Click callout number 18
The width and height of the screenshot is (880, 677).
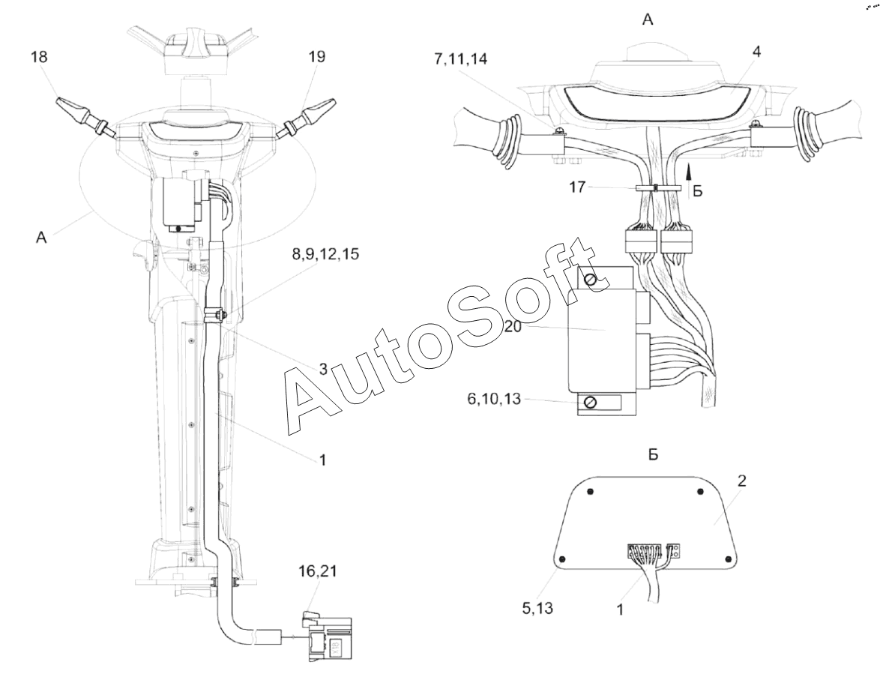point(39,57)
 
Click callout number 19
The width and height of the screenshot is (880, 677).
point(316,57)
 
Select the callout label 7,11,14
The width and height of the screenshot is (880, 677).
point(460,58)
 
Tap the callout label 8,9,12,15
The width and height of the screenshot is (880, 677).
point(326,254)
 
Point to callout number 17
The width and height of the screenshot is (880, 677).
point(577,187)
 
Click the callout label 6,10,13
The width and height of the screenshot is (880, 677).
point(494,399)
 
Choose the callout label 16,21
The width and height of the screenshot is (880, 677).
point(317,571)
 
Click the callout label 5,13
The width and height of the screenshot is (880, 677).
point(537,607)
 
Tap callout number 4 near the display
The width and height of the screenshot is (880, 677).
point(756,52)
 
